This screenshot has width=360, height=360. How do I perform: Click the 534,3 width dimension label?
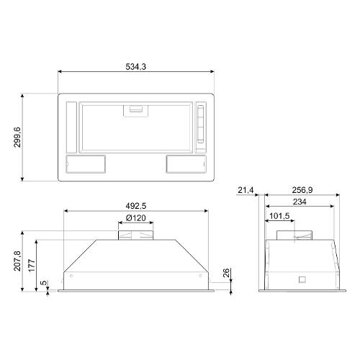(136, 66)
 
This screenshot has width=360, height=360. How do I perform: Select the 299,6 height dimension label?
(17, 138)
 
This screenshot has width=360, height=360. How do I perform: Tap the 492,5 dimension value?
(136, 206)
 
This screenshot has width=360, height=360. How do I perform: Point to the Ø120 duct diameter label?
(136, 218)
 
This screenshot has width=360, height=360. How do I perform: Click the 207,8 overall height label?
(17, 261)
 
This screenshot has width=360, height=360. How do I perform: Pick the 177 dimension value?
(32, 266)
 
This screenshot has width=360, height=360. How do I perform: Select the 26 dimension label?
(227, 273)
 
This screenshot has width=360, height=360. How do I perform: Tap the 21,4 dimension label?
(246, 190)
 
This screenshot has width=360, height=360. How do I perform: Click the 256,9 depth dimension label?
(302, 190)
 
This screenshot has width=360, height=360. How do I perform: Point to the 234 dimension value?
(300, 202)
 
